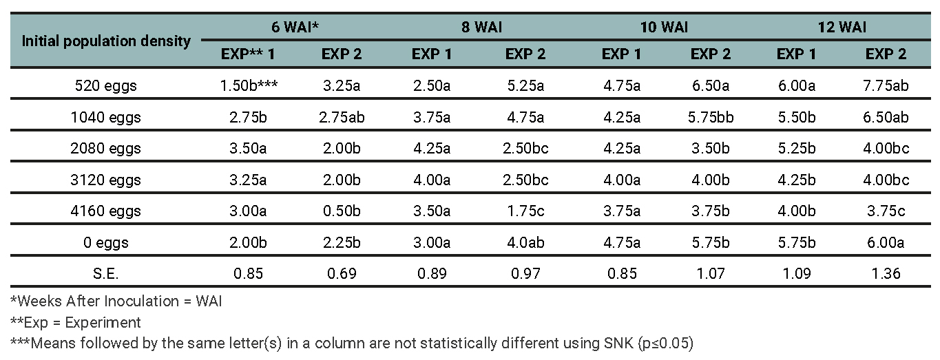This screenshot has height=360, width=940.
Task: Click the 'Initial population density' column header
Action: click(x=106, y=41)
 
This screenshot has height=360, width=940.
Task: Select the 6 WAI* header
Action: click(x=294, y=28)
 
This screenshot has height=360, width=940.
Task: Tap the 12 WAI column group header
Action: click(x=842, y=28)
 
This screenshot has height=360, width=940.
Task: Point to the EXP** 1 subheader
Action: click(x=247, y=54)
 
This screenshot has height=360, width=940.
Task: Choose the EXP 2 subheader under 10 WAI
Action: click(x=711, y=54)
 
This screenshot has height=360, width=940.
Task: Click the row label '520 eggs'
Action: click(x=106, y=86)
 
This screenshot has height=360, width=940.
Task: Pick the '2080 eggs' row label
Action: click(x=106, y=148)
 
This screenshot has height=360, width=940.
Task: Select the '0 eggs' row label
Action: click(x=106, y=242)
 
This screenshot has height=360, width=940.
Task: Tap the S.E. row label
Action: click(x=106, y=273)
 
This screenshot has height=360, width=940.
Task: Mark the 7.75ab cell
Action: click(x=886, y=86)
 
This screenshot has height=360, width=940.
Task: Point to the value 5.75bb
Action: click(x=711, y=117)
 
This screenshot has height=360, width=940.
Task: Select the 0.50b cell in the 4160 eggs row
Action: click(x=342, y=211)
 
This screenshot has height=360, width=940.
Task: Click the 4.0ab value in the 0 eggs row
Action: click(x=526, y=242)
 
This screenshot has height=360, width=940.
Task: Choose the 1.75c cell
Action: click(x=526, y=211)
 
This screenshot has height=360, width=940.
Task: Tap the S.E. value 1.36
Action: click(x=886, y=273)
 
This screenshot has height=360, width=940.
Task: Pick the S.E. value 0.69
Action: click(x=342, y=273)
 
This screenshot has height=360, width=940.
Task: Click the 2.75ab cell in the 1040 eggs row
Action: click(x=342, y=117)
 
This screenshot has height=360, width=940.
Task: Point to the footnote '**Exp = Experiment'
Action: click(x=76, y=321)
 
